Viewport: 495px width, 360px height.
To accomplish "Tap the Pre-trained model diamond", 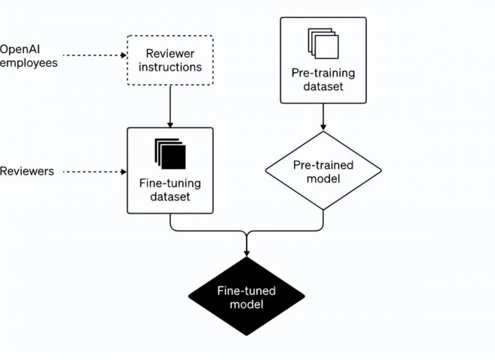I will pyautogui.click(x=322, y=171).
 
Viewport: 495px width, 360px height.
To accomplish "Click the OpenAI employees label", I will pyautogui.click(x=28, y=55).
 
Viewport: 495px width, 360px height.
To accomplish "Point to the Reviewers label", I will pyautogui.click(x=27, y=172).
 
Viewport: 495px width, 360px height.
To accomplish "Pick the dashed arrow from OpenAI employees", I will pyautogui.click(x=91, y=55).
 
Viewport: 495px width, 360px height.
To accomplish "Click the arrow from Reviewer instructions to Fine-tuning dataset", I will pyautogui.click(x=171, y=106).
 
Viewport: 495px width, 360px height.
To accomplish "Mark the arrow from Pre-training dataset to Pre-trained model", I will pyautogui.click(x=322, y=116).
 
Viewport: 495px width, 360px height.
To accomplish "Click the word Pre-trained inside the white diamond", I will pyautogui.click(x=322, y=165).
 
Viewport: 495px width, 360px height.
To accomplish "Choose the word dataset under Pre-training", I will pyautogui.click(x=322, y=86).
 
